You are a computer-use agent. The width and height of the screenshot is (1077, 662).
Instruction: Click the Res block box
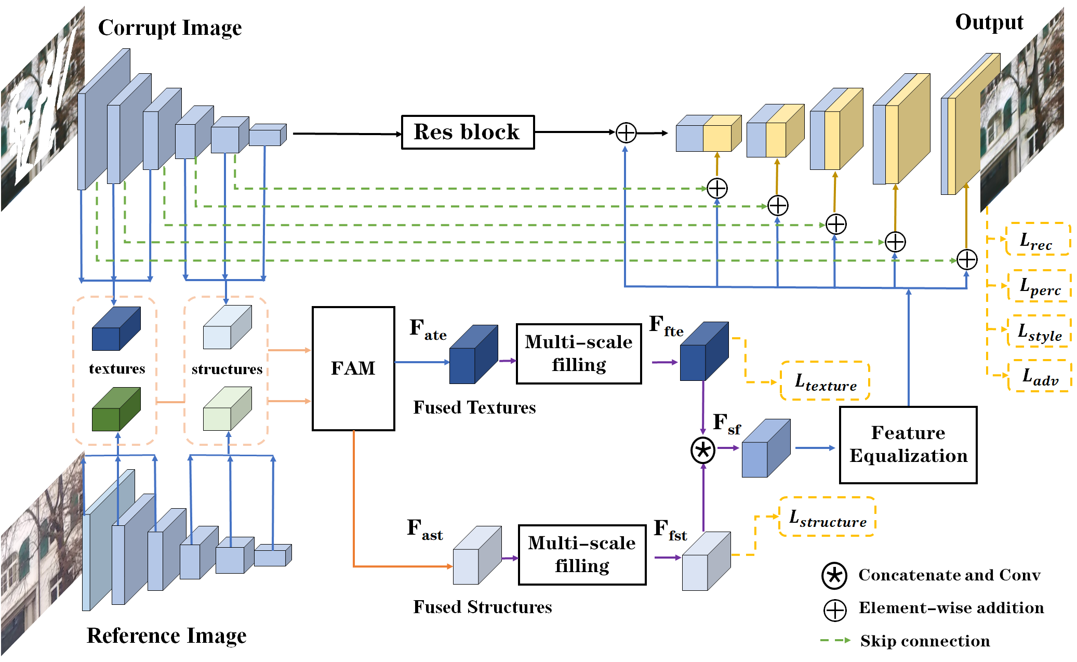(x=468, y=132)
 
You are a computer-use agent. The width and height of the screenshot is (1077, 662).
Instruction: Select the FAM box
(x=353, y=368)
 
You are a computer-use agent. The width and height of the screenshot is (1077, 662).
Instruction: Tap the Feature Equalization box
(x=908, y=445)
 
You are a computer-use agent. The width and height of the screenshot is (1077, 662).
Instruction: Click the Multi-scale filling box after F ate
(x=579, y=354)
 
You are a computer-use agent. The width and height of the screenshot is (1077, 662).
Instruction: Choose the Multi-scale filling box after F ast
(x=582, y=554)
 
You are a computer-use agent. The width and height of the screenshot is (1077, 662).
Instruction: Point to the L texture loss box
(x=825, y=381)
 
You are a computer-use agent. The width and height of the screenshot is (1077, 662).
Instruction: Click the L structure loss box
(x=827, y=517)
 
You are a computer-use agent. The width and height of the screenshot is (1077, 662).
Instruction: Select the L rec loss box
(x=1038, y=240)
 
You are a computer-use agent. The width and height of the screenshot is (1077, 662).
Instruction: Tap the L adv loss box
(x=1039, y=376)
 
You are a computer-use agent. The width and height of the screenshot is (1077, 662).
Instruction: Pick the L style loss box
(x=1039, y=331)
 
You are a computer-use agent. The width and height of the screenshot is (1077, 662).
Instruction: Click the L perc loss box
(x=1039, y=286)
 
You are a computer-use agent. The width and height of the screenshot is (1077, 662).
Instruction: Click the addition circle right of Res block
(x=626, y=133)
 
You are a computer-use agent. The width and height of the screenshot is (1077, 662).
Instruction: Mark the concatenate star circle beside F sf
(x=703, y=450)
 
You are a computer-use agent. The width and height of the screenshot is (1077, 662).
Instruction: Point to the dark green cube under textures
(x=116, y=409)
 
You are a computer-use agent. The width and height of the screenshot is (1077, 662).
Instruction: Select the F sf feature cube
(x=766, y=448)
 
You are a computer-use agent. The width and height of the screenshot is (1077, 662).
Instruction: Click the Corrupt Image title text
(x=170, y=28)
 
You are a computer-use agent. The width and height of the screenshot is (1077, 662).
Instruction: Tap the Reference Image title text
(x=166, y=635)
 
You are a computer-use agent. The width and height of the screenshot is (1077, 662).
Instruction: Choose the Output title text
(x=989, y=22)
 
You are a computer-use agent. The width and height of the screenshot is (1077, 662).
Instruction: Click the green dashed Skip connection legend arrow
(x=835, y=641)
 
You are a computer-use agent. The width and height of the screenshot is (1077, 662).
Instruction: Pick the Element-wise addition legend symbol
(x=835, y=610)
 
